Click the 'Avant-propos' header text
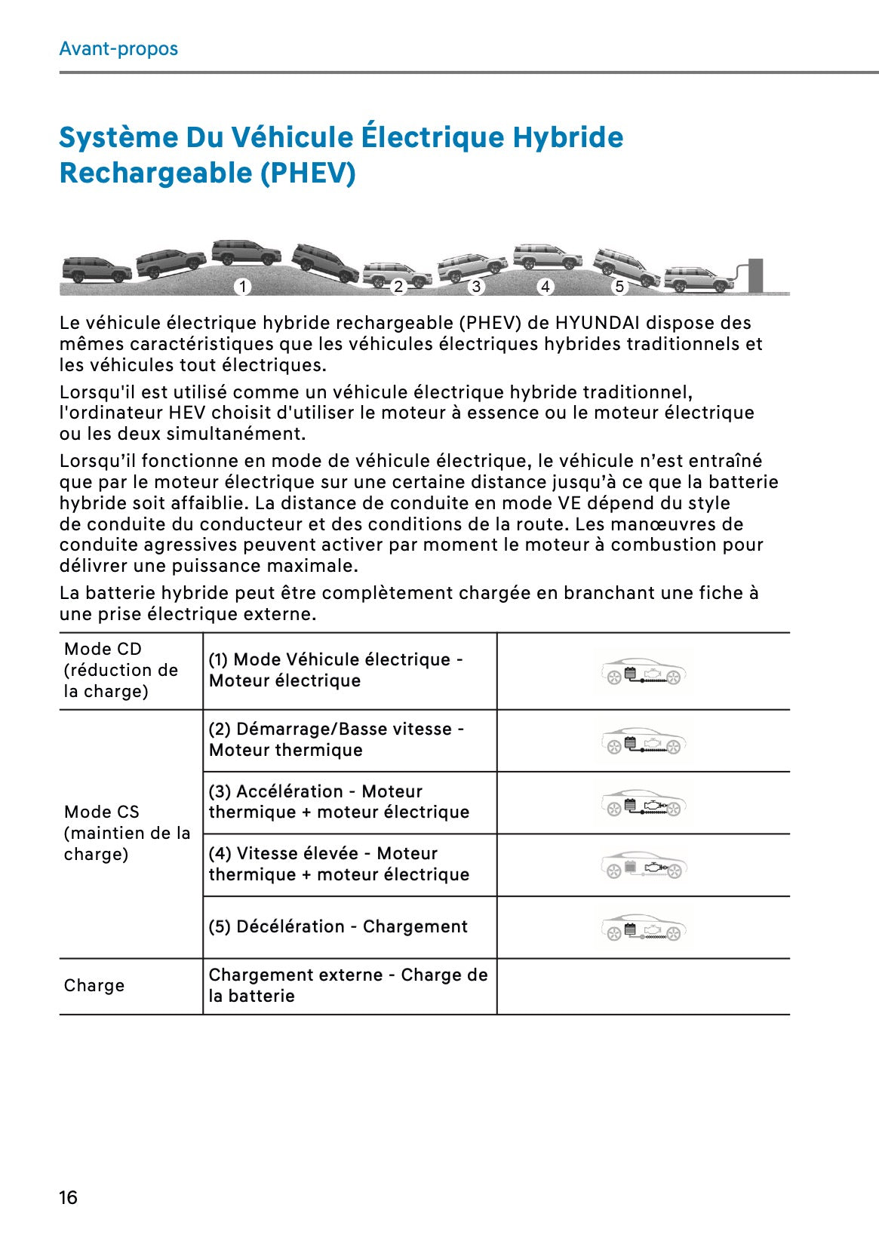[118, 49]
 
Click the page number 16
[68, 1197]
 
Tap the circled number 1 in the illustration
[242, 287]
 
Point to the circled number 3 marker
[475, 287]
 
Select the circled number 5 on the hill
[619, 287]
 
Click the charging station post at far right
[755, 275]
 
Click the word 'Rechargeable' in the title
[155, 174]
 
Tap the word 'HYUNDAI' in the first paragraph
[596, 323]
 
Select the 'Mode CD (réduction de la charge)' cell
[121, 670]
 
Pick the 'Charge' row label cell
[94, 985]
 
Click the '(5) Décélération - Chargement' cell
[338, 926]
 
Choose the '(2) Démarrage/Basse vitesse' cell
[337, 739]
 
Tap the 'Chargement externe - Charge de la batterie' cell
[348, 985]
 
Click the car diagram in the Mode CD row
[644, 671]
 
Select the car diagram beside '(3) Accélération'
[644, 803]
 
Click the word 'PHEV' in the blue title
[308, 174]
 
